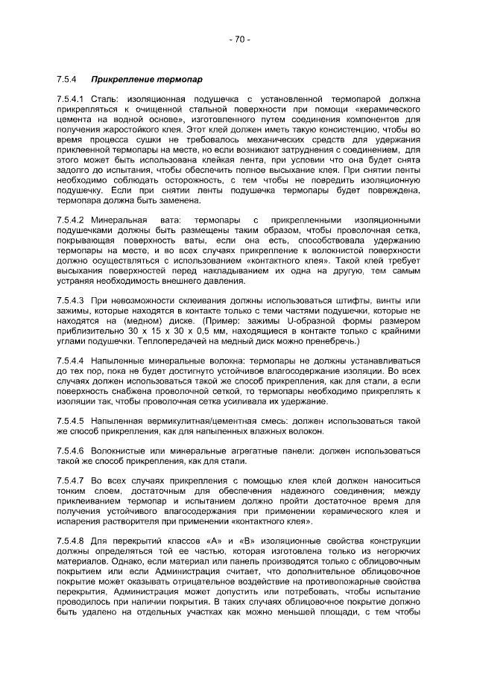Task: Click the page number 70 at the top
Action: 238,39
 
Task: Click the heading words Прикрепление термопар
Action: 146,78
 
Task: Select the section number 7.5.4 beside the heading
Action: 66,78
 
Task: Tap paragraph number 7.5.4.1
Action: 72,98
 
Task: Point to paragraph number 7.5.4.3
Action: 72,299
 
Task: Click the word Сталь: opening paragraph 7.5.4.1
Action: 104,98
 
